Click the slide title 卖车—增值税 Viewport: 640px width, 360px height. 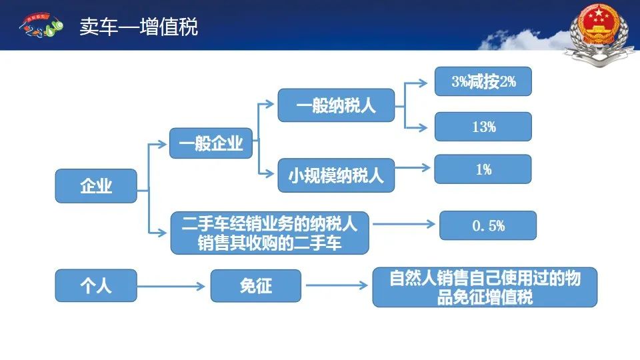(139, 27)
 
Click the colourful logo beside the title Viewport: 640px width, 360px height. (41, 25)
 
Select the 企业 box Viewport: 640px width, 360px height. (96, 186)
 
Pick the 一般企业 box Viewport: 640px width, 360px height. (211, 143)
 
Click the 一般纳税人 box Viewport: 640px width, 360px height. (336, 105)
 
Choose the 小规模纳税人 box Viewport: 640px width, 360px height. (336, 175)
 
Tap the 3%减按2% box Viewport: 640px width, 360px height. (483, 81)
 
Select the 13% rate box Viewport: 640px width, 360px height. (483, 127)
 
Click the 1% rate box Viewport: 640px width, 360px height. (483, 169)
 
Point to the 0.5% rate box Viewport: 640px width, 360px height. (488, 225)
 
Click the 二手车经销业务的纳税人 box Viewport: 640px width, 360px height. (270, 233)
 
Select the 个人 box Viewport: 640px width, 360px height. (96, 286)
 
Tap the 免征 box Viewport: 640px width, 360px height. (256, 286)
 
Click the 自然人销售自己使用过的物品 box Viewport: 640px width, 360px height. (485, 287)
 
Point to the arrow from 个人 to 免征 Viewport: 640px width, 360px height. (171, 286)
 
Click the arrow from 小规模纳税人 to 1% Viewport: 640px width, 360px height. (413, 167)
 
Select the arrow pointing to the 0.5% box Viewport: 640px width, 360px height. (404, 224)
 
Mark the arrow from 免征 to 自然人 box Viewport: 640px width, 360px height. (337, 285)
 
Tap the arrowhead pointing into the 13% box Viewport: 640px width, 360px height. (423, 128)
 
